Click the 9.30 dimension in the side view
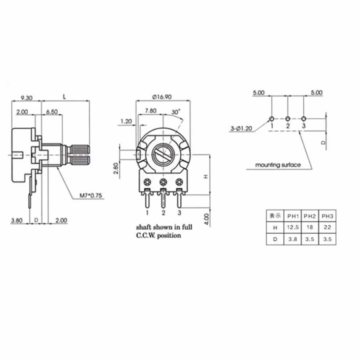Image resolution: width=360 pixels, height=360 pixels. click(x=26, y=98)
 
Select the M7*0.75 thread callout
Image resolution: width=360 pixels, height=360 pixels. click(x=91, y=195)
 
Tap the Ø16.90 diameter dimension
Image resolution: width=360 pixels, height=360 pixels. click(x=162, y=97)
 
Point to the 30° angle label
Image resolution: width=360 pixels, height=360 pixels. click(x=176, y=112)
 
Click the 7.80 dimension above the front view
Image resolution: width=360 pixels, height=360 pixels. click(x=151, y=111)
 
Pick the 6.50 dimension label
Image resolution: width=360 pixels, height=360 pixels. click(x=52, y=112)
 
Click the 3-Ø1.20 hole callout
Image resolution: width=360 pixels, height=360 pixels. click(x=241, y=129)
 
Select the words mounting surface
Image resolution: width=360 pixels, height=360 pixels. click(x=278, y=165)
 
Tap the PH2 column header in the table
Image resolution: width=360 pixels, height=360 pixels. click(x=310, y=216)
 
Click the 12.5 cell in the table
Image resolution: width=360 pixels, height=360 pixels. click(x=293, y=227)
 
